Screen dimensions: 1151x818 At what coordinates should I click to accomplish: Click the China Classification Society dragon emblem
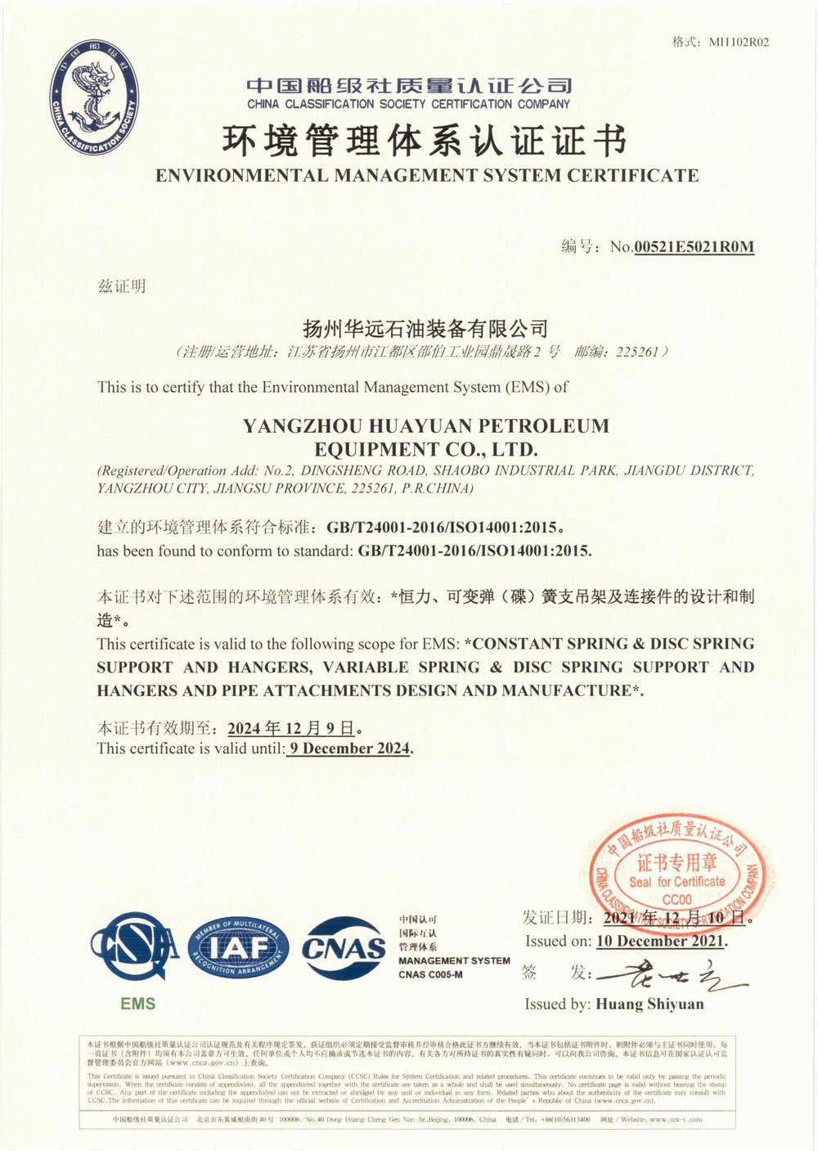tap(94, 100)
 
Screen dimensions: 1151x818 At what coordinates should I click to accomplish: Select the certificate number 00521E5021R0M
tap(694, 246)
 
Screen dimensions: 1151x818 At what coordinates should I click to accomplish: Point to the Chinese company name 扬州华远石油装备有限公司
tap(425, 329)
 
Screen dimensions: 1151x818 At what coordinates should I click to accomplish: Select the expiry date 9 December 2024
tap(349, 748)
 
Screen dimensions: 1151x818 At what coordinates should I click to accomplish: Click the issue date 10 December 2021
tap(661, 941)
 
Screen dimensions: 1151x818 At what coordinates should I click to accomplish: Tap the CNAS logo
tap(344, 949)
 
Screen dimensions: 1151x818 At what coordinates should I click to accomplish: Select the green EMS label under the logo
tap(137, 1004)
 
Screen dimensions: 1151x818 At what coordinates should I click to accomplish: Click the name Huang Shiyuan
tap(649, 1004)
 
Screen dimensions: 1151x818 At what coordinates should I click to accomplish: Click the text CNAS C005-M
tap(430, 974)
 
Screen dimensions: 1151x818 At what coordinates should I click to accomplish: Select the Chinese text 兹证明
tap(122, 286)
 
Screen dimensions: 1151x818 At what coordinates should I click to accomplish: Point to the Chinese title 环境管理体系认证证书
tap(425, 141)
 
